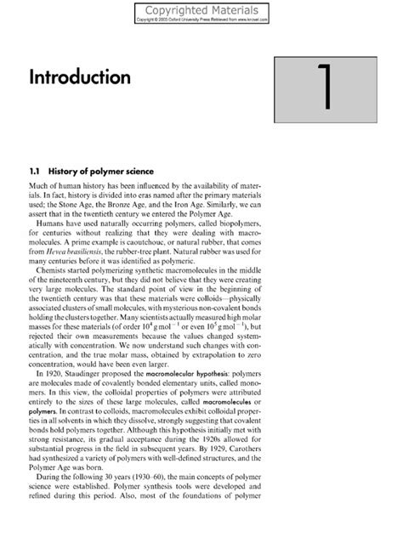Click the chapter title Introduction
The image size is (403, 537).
click(x=80, y=77)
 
